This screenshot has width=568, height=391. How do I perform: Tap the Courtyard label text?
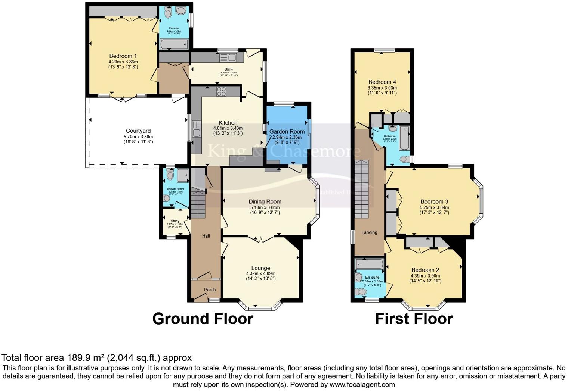[138, 131]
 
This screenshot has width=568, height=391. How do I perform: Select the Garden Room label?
[287, 131]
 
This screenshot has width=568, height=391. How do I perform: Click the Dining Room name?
[265, 201]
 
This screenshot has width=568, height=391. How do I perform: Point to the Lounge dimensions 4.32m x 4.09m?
[260, 273]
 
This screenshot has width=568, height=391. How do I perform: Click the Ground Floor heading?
[203, 319]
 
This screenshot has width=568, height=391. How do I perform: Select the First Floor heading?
[414, 319]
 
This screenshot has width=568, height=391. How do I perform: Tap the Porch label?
[210, 290]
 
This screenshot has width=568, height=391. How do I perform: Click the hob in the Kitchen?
[221, 91]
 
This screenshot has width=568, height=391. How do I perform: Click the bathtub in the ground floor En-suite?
[174, 44]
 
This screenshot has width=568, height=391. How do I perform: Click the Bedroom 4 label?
[382, 82]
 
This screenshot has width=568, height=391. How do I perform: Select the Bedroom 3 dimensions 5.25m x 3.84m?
[434, 207]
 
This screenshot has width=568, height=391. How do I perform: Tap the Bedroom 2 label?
[425, 270]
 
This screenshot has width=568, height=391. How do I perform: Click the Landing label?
[369, 232]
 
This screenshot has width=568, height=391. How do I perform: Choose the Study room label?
[175, 221]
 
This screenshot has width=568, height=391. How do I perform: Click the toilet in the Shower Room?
[170, 175]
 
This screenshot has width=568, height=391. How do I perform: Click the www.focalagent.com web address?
[362, 384]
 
